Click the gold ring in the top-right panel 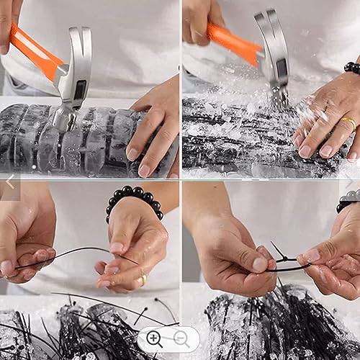click(x=348, y=122)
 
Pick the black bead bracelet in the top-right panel click(x=352, y=68)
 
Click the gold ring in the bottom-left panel click(x=143, y=279)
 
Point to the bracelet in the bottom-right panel click(x=349, y=201)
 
